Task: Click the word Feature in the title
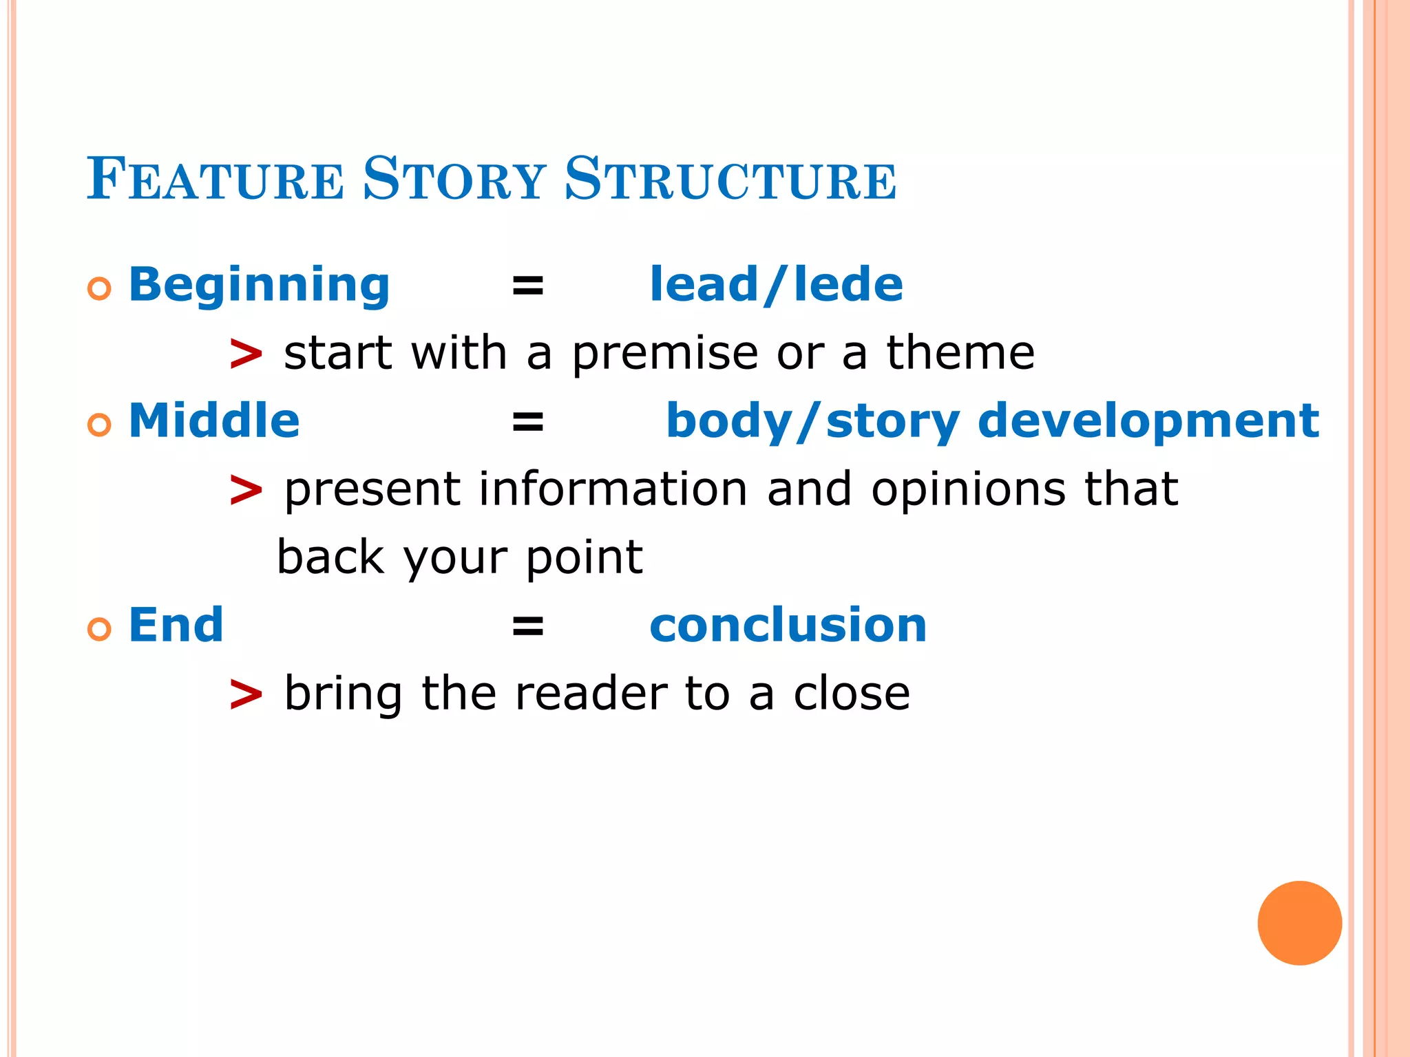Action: tap(215, 180)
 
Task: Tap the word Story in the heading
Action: tap(454, 180)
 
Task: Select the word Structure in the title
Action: tap(730, 180)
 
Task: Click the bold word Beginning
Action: tap(259, 286)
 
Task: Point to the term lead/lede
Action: tap(776, 286)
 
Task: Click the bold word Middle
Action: tap(214, 421)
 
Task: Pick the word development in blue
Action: tap(1148, 421)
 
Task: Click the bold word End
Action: tap(176, 626)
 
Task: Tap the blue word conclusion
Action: tap(788, 626)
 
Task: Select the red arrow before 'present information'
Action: tap(246, 491)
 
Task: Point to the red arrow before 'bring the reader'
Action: tap(246, 694)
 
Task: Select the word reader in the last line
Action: tap(591, 694)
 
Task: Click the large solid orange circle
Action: tap(1299, 923)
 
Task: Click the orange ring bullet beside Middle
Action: tap(99, 425)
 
